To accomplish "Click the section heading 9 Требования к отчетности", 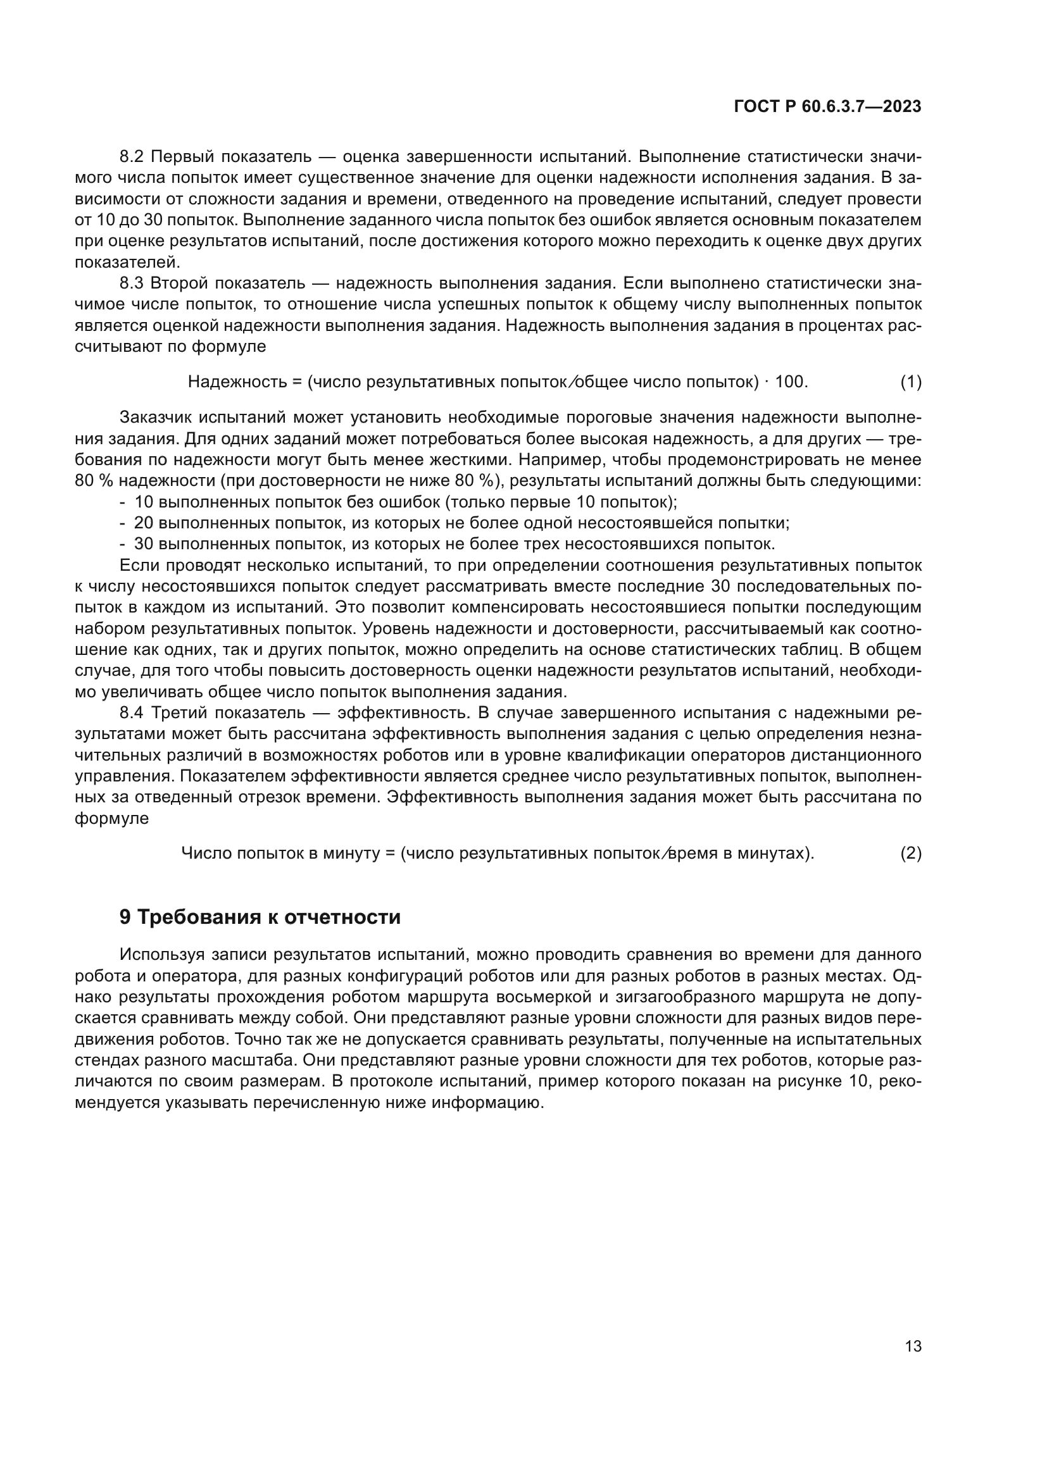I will [x=260, y=917].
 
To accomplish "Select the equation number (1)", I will [x=910, y=382].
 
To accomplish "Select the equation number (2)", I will [x=910, y=854].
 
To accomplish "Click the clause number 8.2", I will [x=133, y=157].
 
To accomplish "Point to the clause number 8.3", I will [x=133, y=283].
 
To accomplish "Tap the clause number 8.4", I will [x=133, y=713].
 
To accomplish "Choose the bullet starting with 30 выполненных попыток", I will [x=454, y=544].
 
